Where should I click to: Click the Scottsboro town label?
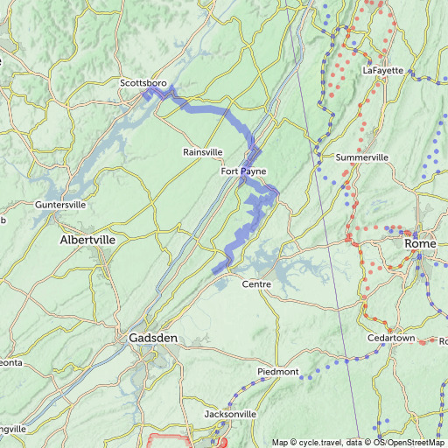click(x=143, y=82)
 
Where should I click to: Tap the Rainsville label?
click(x=203, y=152)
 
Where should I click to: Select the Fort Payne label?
click(x=242, y=171)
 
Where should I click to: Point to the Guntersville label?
click(x=60, y=205)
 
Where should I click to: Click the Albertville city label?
click(x=87, y=239)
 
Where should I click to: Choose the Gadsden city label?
click(x=153, y=338)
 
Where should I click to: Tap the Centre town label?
click(x=256, y=284)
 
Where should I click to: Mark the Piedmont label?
click(x=278, y=372)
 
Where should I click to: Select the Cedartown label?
click(x=391, y=338)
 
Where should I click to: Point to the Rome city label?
click(x=420, y=244)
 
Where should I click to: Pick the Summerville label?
click(x=362, y=157)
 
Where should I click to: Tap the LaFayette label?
click(x=383, y=70)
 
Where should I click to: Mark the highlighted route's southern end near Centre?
click(x=215, y=271)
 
